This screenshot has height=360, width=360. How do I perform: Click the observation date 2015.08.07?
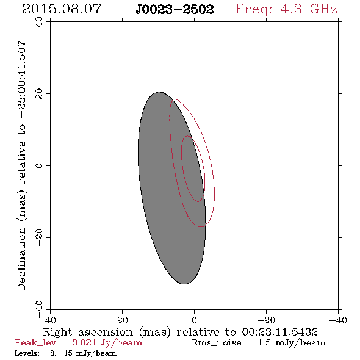(x=62, y=9)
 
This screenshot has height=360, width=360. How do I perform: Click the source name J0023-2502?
(x=175, y=9)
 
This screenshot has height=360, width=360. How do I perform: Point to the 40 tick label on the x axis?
(x=50, y=320)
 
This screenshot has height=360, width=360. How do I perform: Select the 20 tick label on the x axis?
(x=122, y=320)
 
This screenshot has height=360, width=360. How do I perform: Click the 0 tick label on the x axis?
(x=194, y=320)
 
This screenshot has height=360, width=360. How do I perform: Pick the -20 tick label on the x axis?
(x=266, y=320)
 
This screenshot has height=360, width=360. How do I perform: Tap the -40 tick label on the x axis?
(x=338, y=320)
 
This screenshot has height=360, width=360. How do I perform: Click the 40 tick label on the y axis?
(x=39, y=22)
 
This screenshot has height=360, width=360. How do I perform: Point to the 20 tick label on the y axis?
(x=39, y=94)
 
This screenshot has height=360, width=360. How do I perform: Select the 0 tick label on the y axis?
(x=39, y=165)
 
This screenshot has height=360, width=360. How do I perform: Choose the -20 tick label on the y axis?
(x=39, y=237)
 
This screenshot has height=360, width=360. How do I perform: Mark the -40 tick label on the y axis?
(x=39, y=309)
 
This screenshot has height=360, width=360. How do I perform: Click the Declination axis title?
(x=21, y=165)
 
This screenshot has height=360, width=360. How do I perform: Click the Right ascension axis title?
(x=180, y=332)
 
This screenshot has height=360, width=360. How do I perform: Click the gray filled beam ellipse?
(x=160, y=189)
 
